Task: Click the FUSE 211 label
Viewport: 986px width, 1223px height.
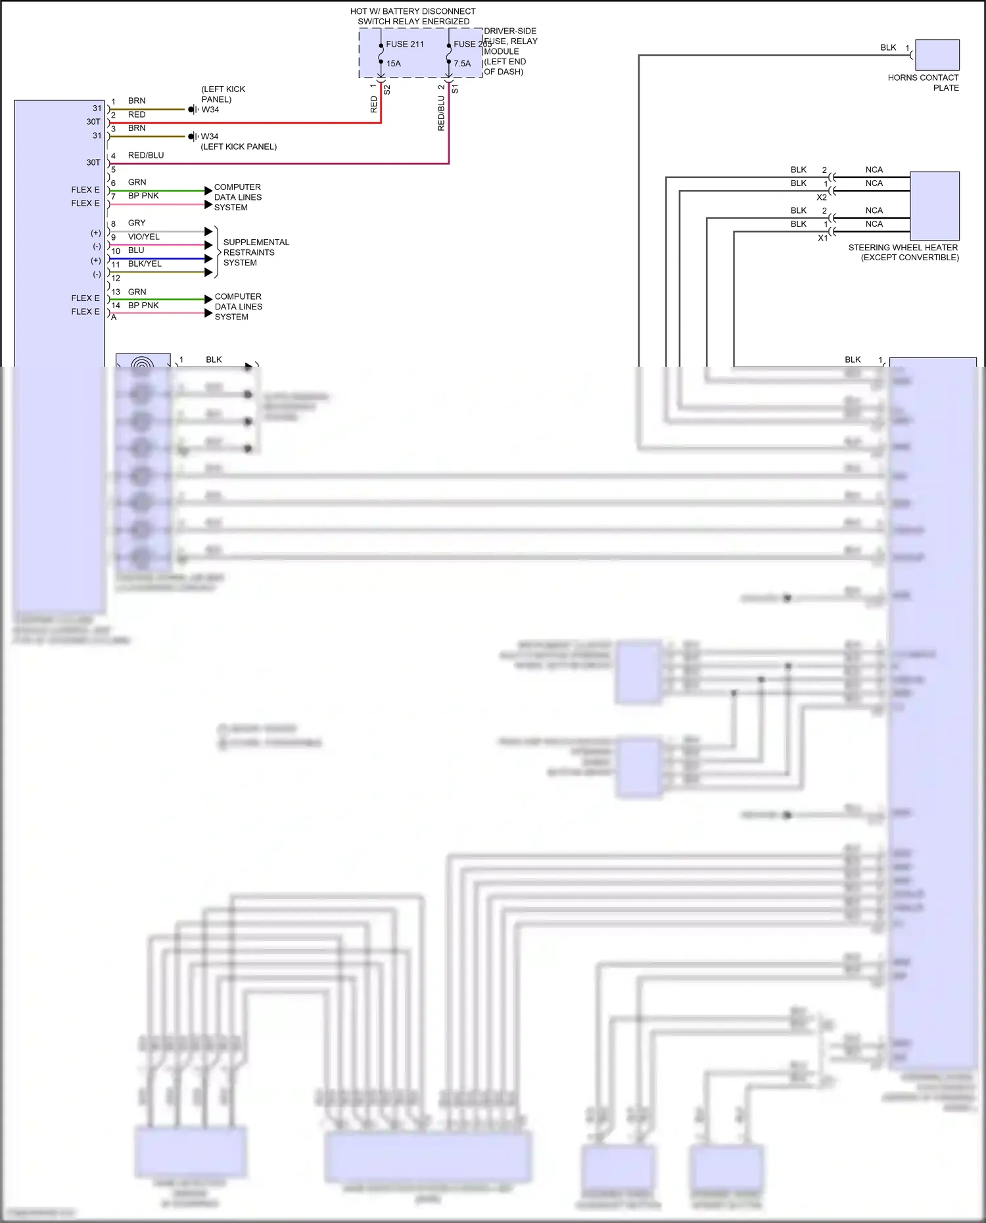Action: [405, 44]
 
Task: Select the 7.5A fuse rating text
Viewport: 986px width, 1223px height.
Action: [462, 64]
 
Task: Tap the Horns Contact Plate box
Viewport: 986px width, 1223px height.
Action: [937, 55]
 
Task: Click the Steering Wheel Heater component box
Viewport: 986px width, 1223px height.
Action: [934, 206]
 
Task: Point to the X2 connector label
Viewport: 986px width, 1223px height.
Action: [822, 197]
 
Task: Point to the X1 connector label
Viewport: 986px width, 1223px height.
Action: [822, 238]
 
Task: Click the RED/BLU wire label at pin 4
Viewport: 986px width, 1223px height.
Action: [146, 155]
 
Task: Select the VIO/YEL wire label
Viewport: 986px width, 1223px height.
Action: [144, 237]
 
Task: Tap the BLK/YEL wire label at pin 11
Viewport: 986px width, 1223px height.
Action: [145, 264]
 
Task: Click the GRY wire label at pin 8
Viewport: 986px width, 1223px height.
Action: [137, 223]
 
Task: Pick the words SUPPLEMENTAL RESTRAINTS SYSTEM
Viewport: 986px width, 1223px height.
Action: [256, 252]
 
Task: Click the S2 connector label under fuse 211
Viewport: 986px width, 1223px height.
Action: [387, 89]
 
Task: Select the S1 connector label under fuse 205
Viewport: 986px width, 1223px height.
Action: [455, 88]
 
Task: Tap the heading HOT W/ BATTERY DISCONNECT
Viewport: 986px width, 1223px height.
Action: [413, 11]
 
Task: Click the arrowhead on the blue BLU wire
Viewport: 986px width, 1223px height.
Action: [208, 259]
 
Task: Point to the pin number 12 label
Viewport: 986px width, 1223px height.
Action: [116, 278]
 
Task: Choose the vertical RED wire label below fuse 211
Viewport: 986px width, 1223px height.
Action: [374, 104]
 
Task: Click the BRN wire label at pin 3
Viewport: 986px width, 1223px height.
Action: [137, 128]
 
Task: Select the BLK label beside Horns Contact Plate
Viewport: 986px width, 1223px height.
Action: [888, 47]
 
